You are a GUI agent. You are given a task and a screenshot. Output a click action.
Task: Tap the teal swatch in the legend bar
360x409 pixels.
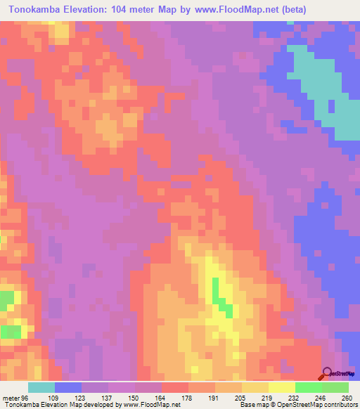tap(41, 387)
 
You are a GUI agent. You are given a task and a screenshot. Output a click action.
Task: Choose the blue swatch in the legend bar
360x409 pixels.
tap(68, 387)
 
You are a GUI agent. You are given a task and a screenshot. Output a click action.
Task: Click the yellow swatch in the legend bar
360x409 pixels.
tap(282, 387)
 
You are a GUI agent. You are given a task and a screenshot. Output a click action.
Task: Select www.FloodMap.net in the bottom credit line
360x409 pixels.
tap(143, 405)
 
